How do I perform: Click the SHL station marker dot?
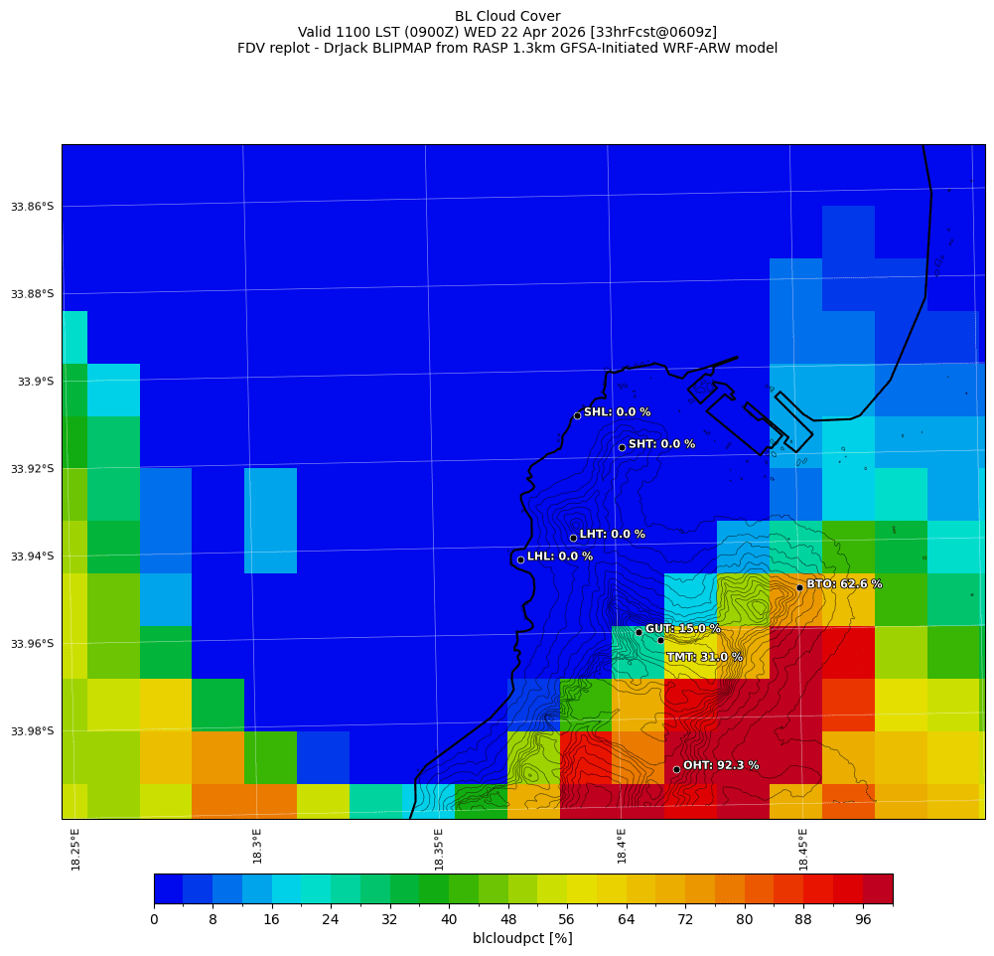point(577,415)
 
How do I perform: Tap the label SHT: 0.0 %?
point(661,444)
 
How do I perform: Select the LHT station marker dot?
point(573,538)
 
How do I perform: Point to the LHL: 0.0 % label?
point(560,557)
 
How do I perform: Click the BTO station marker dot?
point(799,587)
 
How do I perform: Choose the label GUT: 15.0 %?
point(683,629)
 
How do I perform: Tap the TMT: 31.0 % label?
point(704,657)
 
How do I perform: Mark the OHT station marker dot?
point(676,769)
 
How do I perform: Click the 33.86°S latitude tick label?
point(32,207)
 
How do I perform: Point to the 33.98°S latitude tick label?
point(32,731)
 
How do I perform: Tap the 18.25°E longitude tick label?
point(76,849)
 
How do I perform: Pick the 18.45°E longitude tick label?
point(803,849)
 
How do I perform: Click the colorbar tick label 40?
point(449,920)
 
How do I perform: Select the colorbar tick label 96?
point(863,920)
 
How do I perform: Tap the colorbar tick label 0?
point(154,920)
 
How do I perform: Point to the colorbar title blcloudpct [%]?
point(522,938)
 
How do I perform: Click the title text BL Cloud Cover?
point(507,16)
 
